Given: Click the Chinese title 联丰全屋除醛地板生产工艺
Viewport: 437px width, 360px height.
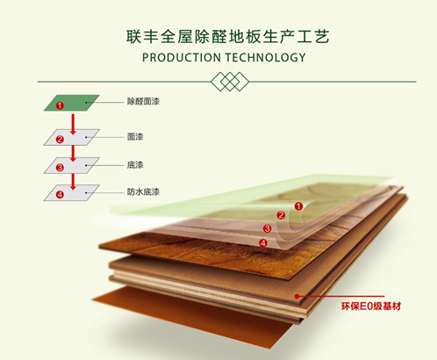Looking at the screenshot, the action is (228, 37).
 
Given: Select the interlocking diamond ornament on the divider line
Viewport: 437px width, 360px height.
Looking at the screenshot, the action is (230, 82).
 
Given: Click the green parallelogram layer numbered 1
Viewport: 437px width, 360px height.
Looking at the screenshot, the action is (72, 103).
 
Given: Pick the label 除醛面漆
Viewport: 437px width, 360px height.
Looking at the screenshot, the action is (143, 102).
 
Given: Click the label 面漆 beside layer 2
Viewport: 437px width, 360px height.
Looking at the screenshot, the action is (135, 137).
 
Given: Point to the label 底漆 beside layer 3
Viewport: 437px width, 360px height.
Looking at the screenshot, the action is (135, 165).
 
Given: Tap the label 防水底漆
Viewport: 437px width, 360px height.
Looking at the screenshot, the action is (143, 191).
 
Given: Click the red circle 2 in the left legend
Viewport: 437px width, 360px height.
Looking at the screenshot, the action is (60, 140).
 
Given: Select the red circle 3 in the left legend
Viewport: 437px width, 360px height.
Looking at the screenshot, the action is (60, 168).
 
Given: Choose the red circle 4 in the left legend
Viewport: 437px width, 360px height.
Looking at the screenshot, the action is (60, 195).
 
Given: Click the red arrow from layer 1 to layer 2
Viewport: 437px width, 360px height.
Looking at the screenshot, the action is (73, 124).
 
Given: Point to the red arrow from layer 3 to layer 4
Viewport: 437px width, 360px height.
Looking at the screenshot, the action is (73, 182).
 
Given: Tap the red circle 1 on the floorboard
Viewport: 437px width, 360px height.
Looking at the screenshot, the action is (298, 206).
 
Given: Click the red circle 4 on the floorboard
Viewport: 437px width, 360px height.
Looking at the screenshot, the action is (263, 243).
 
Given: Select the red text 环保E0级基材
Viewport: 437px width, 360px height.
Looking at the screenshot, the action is (371, 306).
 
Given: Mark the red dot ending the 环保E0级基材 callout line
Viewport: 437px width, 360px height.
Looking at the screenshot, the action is (297, 296).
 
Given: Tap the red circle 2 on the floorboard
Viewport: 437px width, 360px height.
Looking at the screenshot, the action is (281, 215).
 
